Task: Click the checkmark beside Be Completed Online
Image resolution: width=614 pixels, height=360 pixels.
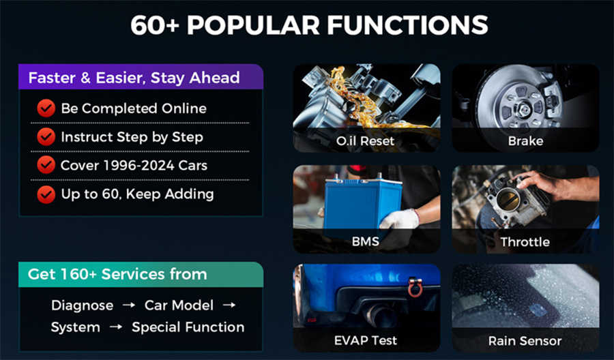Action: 46,108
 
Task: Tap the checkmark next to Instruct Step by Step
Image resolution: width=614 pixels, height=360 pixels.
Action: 46,137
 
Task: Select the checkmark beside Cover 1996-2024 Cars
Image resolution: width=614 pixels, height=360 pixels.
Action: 46,165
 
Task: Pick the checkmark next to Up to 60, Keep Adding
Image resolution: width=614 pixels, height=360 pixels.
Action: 46,194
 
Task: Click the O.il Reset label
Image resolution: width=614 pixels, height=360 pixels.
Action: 366,141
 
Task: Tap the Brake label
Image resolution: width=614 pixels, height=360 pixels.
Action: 525,141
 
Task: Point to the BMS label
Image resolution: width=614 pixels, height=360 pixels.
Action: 366,241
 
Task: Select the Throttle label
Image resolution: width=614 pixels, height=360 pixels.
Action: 525,242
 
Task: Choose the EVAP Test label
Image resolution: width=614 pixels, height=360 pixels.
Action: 366,340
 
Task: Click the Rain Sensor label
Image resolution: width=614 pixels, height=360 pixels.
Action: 525,341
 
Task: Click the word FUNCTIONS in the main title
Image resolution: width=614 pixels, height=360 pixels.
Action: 408,25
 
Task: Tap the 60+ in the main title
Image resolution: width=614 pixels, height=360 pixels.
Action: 155,25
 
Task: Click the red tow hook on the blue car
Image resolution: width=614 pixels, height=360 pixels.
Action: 415,288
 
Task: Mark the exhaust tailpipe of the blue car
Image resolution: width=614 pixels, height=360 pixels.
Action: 378,314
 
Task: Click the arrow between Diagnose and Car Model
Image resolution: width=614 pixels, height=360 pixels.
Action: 129,305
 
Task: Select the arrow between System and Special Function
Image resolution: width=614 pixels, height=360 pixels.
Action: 115,327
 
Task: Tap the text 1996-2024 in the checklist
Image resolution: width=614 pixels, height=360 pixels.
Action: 138,166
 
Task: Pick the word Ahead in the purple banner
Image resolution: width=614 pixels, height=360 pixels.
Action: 215,78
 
